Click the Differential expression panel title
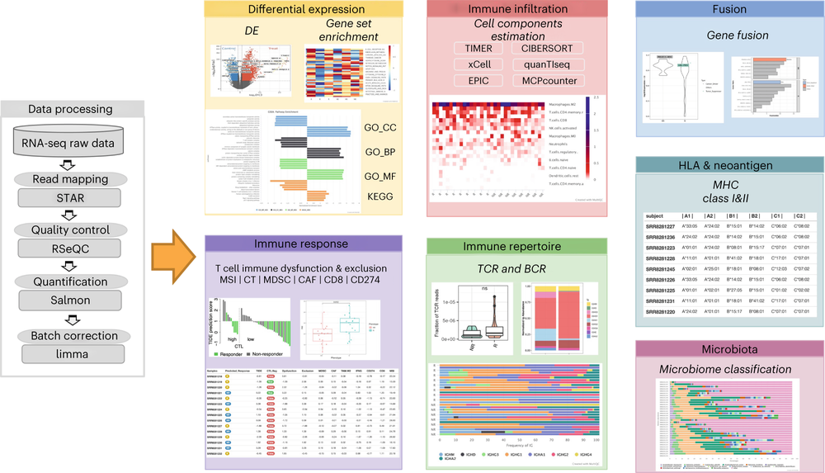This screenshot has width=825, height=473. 306,11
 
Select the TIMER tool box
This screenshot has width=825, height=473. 478,49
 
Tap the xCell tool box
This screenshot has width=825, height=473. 478,64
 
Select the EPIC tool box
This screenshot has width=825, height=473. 478,81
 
